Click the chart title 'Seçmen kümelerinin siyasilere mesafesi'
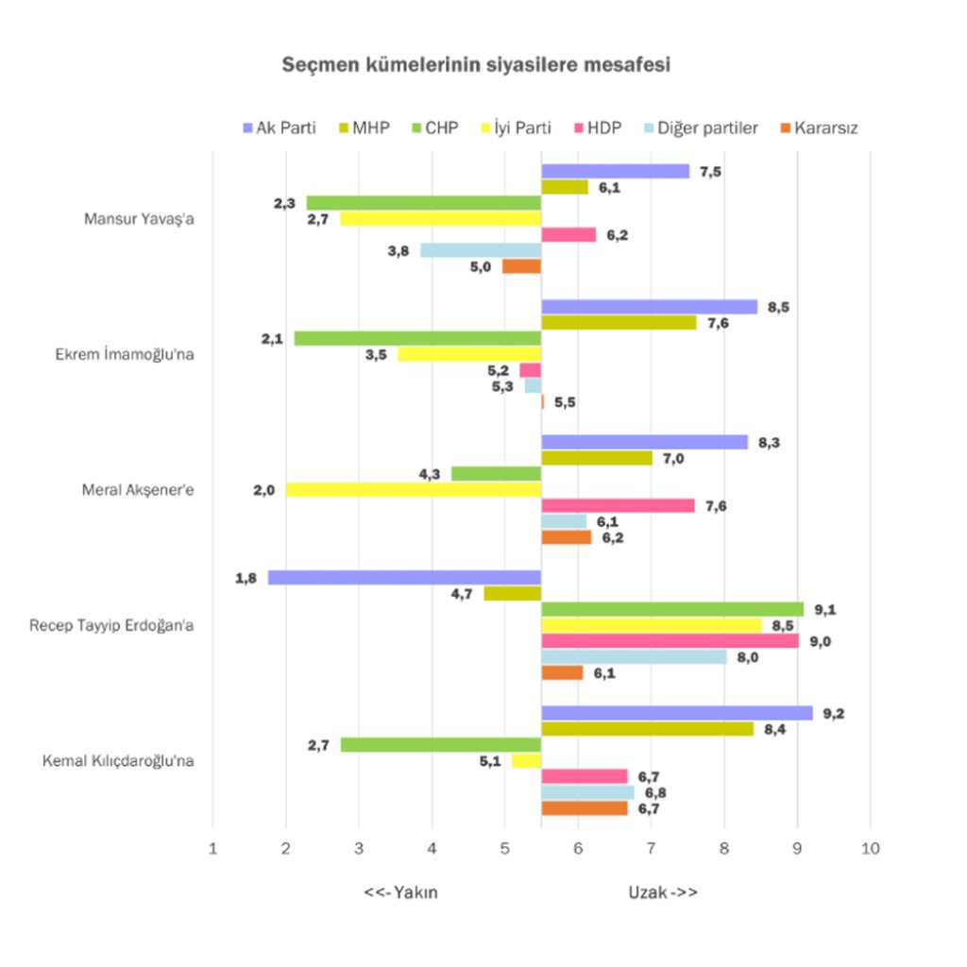476,66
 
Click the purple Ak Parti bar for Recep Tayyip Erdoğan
404,577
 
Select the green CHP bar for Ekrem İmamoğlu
417,338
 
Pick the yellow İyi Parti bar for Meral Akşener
413,489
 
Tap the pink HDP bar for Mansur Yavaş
568,234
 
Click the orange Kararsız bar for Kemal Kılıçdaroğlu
584,808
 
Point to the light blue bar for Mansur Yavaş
481,250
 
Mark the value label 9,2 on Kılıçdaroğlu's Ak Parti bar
833,713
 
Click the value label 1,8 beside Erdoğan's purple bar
246,577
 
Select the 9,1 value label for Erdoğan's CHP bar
825,609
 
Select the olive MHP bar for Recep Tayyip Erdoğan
512,593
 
